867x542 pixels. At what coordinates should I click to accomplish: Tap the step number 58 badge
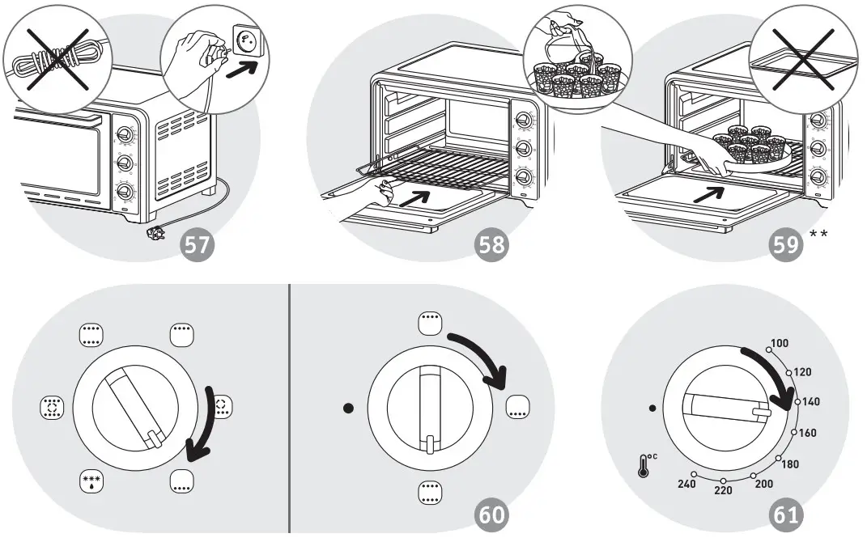[491, 246]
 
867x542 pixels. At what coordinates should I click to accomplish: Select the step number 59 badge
[786, 246]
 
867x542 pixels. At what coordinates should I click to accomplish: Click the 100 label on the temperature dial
[778, 344]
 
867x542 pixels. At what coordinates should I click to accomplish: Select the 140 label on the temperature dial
[812, 401]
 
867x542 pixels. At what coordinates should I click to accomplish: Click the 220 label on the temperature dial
[723, 490]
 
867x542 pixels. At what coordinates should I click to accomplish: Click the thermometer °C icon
[647, 466]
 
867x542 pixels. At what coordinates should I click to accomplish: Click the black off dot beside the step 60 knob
[349, 408]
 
